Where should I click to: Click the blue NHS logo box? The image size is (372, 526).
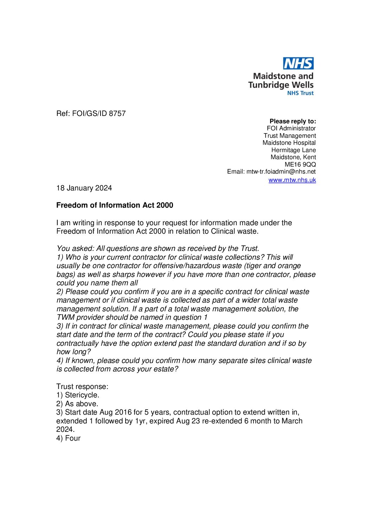(x=298, y=64)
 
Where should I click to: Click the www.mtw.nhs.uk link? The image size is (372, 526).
(x=292, y=180)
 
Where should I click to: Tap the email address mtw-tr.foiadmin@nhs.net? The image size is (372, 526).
(x=281, y=171)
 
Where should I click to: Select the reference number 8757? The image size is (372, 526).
(x=117, y=113)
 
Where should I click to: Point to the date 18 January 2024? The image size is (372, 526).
(x=84, y=188)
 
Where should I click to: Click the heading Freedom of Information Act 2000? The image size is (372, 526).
(x=115, y=205)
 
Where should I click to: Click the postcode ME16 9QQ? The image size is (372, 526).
(x=300, y=164)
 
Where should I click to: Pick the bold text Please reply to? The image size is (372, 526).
(x=293, y=121)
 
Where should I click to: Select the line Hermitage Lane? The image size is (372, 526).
(x=293, y=150)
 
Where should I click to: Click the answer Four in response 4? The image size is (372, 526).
(x=73, y=438)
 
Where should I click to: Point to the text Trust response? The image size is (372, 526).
(x=82, y=387)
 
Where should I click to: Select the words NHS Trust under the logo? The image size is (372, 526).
(x=300, y=93)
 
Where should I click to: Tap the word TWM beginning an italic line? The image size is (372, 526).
(x=65, y=317)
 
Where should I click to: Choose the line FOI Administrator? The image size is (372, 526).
(x=291, y=128)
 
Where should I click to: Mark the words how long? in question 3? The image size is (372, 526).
(x=73, y=352)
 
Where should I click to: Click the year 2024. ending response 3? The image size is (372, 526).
(x=65, y=429)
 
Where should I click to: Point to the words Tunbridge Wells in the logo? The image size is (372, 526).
(x=281, y=85)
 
